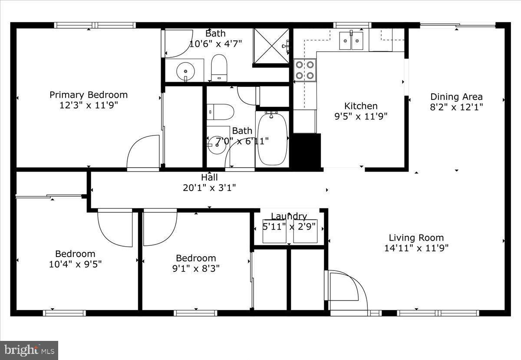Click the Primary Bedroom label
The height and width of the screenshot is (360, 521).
point(89,95)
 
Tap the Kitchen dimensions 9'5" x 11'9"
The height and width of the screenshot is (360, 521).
point(361,116)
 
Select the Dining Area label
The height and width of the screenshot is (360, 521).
point(456,97)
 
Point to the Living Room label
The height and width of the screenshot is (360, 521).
point(416,238)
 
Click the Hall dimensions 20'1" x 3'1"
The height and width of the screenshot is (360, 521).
point(209,188)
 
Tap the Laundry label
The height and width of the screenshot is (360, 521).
point(289,216)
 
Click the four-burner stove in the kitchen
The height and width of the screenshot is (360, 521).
point(305,70)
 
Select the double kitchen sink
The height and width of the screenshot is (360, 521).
point(351,40)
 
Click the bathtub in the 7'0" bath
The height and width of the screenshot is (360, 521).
point(272,139)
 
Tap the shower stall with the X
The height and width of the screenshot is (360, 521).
point(271,46)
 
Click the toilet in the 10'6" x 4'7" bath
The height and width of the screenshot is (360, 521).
point(219,68)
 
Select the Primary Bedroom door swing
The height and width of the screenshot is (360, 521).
point(143,152)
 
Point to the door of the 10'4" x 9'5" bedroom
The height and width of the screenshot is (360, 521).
point(115,228)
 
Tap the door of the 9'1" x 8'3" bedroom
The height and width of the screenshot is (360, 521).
point(160,227)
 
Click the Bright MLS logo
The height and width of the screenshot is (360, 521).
point(29,350)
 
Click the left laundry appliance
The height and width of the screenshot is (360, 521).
point(274,231)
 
